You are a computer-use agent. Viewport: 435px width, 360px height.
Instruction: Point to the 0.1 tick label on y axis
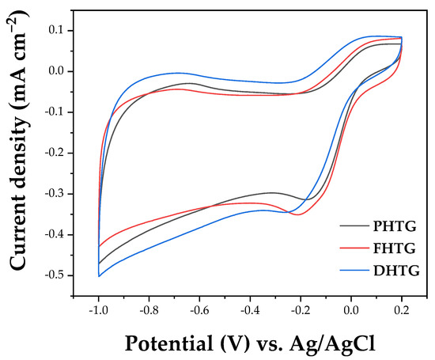(55, 30)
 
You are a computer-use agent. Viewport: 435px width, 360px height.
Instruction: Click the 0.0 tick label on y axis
(55, 71)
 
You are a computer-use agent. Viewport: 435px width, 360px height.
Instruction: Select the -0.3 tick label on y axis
(52, 194)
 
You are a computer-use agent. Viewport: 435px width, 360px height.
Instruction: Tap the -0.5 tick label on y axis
(52, 275)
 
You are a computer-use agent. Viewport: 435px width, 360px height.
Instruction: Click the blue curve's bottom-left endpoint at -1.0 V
(99, 276)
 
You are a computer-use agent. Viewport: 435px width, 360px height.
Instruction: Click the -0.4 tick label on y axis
(52, 235)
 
